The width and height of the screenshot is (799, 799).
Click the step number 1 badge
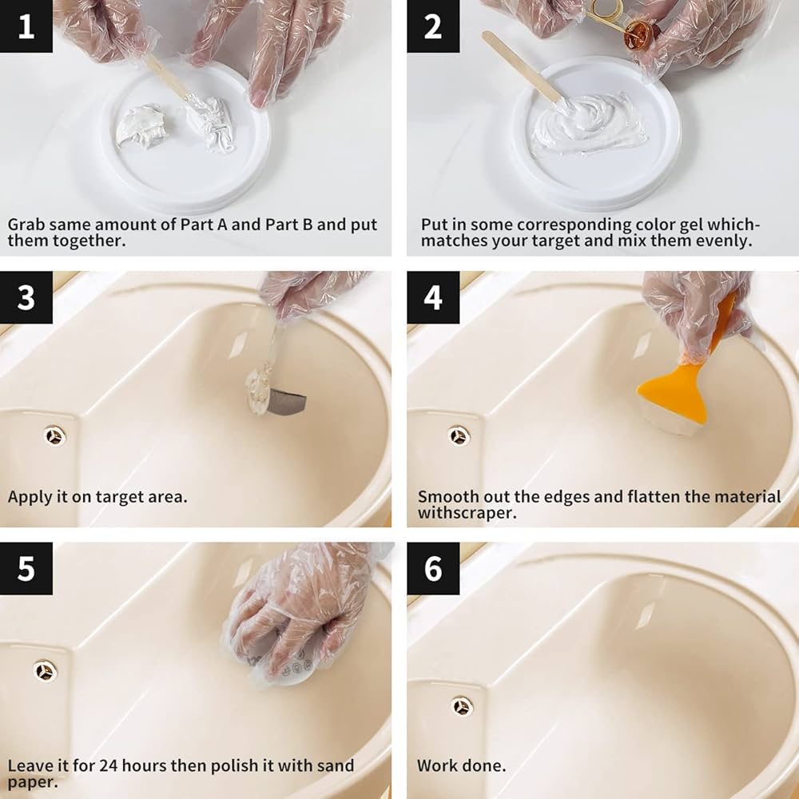26,26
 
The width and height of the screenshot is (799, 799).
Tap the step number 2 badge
433,26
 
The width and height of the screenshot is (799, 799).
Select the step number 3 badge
26,297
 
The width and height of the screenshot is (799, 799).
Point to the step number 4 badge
433,297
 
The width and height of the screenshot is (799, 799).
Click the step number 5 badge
26,569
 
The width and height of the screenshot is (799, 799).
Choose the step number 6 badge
433,569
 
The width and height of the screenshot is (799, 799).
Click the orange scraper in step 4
674,392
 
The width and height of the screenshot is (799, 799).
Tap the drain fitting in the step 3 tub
54,435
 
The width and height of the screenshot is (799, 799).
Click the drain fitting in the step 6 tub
461,706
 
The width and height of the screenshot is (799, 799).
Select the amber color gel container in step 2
639,34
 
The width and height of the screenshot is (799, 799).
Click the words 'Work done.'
462,765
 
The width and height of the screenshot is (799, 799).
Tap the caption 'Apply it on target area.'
97,496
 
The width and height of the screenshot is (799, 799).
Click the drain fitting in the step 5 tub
46,670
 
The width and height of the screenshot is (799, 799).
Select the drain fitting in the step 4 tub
459,435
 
